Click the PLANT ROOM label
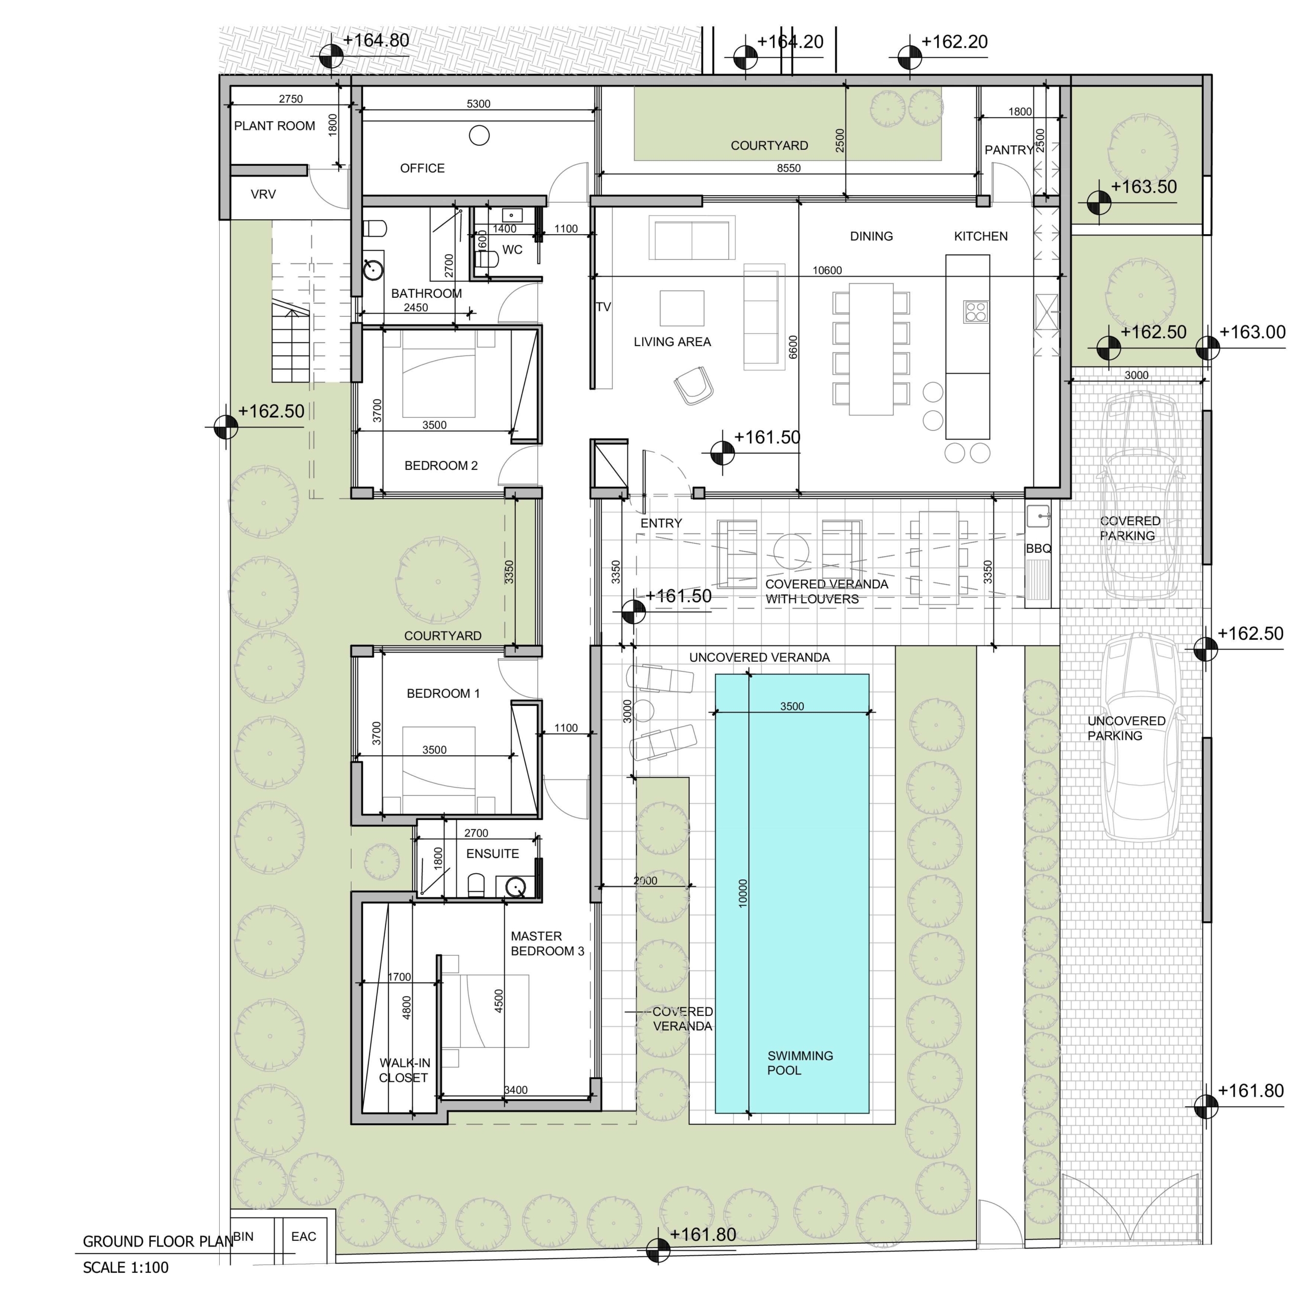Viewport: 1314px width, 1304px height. click(274, 126)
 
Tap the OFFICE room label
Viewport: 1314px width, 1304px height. click(422, 168)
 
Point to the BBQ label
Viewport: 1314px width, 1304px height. click(1038, 548)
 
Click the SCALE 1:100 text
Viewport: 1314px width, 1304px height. click(125, 1267)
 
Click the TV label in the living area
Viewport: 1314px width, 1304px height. click(603, 307)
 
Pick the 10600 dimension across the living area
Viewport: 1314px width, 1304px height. click(826, 270)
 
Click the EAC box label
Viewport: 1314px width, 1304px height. click(303, 1236)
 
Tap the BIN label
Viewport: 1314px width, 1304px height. click(243, 1236)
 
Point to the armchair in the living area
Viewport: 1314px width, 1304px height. click(694, 386)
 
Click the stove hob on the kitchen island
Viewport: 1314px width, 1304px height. click(976, 312)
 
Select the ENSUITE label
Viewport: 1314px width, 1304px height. click(492, 854)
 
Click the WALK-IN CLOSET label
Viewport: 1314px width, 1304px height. click(404, 1070)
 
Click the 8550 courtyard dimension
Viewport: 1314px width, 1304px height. click(788, 168)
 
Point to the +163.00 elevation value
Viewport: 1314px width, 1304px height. click(1252, 332)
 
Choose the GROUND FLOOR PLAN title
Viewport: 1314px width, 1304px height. click(158, 1241)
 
